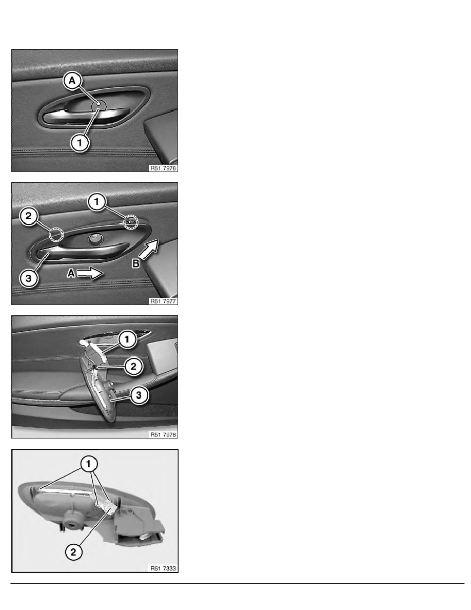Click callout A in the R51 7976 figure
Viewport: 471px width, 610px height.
click(72, 81)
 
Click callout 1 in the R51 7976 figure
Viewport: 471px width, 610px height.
click(80, 142)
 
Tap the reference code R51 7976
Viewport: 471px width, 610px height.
click(163, 168)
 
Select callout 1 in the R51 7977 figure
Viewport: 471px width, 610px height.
click(97, 201)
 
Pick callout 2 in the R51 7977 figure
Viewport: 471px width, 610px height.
click(28, 216)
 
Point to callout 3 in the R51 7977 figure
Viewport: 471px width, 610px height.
click(28, 278)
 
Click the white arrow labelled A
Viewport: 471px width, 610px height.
click(90, 274)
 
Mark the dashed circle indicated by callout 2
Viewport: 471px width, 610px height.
click(57, 235)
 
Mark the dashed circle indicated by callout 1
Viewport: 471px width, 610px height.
click(131, 222)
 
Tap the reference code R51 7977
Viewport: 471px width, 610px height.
click(163, 301)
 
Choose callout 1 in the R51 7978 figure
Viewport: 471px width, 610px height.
click(127, 339)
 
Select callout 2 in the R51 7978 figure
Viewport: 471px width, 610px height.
click(133, 366)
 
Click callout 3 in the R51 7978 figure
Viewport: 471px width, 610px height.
click(139, 395)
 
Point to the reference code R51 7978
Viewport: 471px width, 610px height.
click(163, 434)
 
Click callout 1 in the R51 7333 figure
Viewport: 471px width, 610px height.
click(89, 464)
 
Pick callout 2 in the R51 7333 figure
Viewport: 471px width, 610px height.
click(73, 551)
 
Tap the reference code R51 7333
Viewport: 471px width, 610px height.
click(163, 568)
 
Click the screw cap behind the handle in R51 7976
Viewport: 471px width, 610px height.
click(98, 105)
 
